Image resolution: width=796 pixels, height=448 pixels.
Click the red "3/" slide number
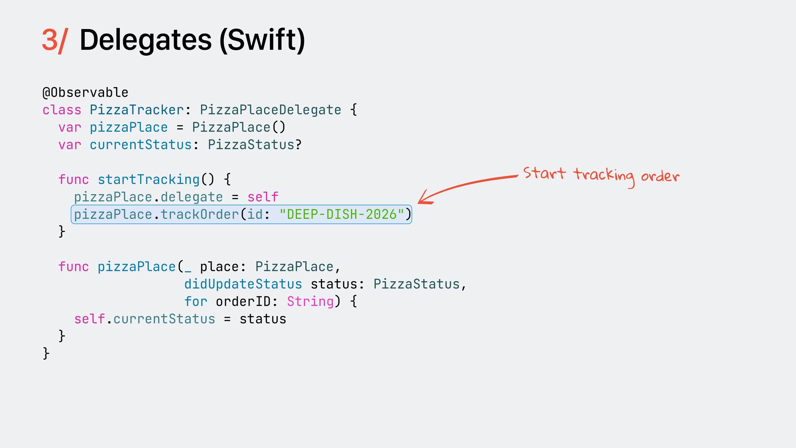54,41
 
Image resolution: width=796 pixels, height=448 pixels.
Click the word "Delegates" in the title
146,41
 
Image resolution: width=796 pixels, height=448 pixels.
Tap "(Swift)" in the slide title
262,41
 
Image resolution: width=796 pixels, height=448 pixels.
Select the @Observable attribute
85,93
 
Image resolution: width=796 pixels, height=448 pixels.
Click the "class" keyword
62,110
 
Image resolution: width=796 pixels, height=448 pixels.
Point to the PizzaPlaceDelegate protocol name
270,110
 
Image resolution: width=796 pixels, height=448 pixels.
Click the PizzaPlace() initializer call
239,127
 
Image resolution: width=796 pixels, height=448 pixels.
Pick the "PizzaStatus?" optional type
255,145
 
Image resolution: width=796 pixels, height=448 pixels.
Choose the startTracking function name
148,180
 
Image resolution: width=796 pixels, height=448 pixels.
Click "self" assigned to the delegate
263,197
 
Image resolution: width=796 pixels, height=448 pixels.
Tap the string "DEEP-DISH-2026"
342,214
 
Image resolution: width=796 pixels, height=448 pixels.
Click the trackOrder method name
199,214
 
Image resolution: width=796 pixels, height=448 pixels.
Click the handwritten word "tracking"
604,175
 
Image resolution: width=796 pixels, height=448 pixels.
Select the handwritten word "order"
660,176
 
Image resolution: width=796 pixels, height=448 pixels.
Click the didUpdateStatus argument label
243,284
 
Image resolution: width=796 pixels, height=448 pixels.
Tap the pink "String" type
310,302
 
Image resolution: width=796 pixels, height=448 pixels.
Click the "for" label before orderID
196,302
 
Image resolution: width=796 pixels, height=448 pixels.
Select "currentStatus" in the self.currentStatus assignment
164,319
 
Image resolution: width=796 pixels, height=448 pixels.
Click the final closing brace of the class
46,353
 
